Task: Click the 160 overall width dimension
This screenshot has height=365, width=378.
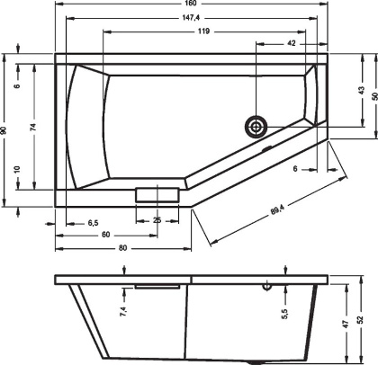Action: [x=191, y=4]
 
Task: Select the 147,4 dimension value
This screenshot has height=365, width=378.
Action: [x=191, y=18]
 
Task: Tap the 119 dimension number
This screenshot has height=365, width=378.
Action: [x=203, y=31]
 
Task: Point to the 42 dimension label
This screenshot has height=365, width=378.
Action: [x=292, y=43]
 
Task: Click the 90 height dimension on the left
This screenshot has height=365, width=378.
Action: [x=4, y=130]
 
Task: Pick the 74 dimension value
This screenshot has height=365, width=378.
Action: [x=34, y=127]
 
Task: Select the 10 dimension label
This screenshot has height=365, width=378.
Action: [x=17, y=170]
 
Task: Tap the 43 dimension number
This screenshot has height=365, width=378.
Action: [x=362, y=91]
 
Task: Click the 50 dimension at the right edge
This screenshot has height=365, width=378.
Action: [x=374, y=96]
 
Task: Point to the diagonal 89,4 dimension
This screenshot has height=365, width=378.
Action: [x=277, y=209]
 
